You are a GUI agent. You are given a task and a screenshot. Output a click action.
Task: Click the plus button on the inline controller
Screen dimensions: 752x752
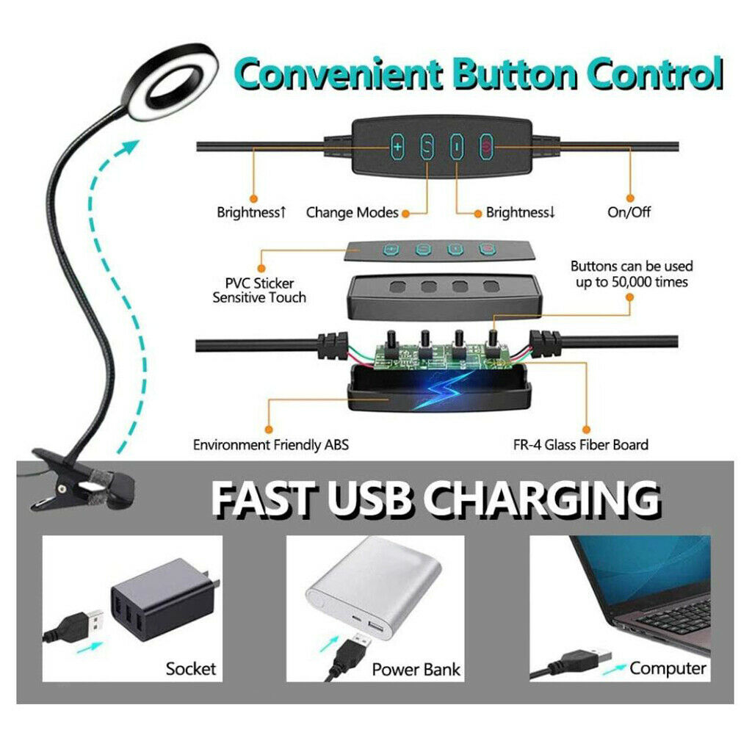[397, 147]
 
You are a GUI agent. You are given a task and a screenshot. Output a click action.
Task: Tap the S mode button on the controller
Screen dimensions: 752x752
[427, 147]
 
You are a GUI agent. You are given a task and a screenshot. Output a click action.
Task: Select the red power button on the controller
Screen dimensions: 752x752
[487, 147]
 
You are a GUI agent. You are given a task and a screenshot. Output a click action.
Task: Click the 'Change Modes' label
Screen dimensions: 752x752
[352, 212]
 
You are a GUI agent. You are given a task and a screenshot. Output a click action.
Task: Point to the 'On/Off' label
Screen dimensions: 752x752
[629, 211]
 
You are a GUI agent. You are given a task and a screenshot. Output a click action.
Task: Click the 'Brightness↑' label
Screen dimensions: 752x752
[252, 212]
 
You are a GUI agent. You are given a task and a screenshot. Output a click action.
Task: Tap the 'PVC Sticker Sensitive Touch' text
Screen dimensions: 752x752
[259, 290]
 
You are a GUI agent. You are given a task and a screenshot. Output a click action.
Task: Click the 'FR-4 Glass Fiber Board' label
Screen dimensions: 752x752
[580, 444]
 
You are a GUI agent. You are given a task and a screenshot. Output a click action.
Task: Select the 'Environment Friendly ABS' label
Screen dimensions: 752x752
[270, 444]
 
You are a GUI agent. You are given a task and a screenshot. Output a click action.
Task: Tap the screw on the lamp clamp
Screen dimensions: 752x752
[62, 489]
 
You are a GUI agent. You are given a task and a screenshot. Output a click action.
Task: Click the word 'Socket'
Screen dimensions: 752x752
[191, 668]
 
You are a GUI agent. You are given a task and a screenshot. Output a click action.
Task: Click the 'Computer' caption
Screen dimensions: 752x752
[668, 668]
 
